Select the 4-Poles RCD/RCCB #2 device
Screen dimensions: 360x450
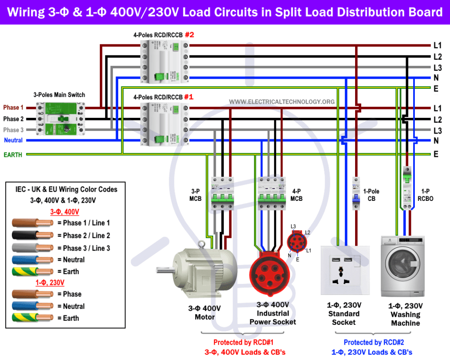point(165,62)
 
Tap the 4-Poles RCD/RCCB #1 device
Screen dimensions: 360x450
point(165,124)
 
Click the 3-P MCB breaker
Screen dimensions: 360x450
point(222,194)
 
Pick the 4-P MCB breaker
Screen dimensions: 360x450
point(272,194)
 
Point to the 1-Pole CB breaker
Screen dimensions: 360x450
point(356,193)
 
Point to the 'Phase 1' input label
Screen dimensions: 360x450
point(13,108)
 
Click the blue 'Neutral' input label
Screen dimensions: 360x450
point(13,140)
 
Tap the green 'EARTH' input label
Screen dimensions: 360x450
point(13,155)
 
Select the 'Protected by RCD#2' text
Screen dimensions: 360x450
point(374,342)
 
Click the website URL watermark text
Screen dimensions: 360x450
point(282,102)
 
